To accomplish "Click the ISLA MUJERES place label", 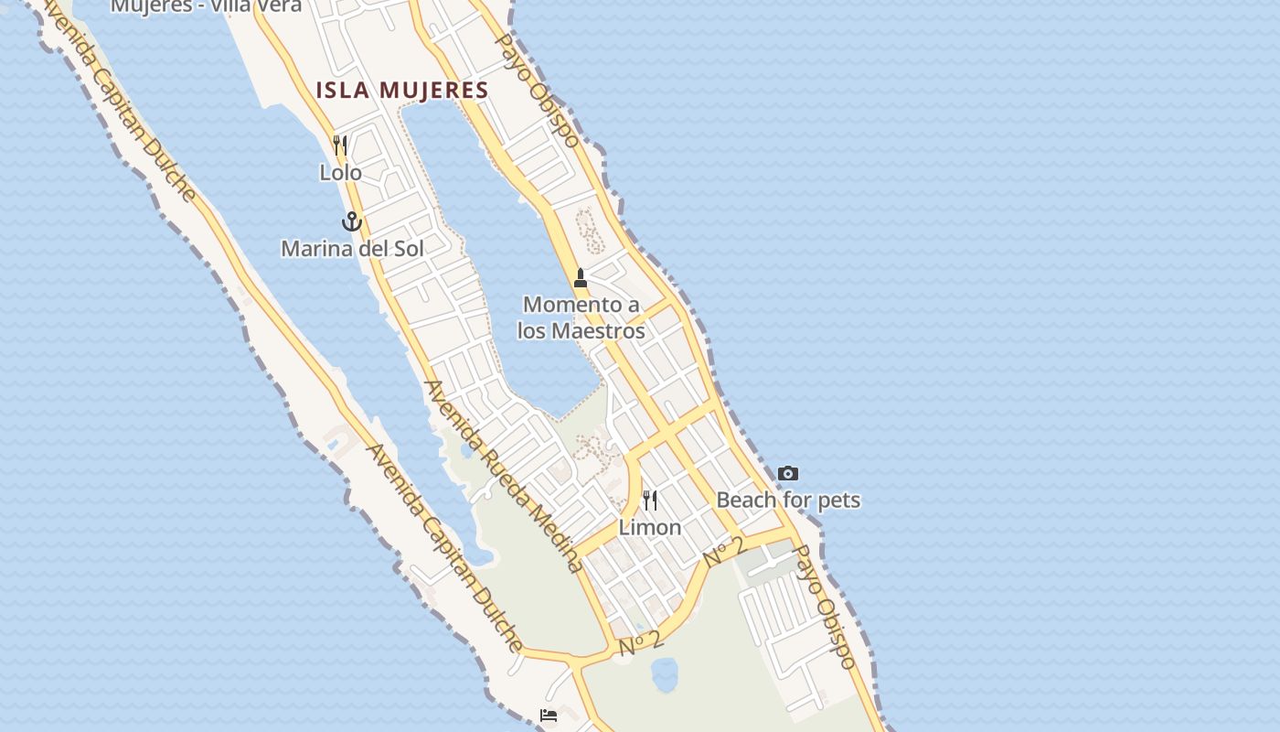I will pos(402,90).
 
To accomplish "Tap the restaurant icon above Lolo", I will pos(340,145).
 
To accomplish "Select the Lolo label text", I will pos(340,172).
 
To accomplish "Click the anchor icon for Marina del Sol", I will pos(352,221).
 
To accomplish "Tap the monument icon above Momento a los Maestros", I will pos(580,278).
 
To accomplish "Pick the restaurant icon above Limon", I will pos(650,501).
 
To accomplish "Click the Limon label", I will pos(650,527).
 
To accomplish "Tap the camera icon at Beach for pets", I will pos(787,473).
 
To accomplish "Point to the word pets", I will pos(838,500).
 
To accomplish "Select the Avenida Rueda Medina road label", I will pos(502,476).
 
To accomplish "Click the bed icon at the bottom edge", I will pos(549,715).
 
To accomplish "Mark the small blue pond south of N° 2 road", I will pos(665,675).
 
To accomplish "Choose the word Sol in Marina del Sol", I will pos(408,248).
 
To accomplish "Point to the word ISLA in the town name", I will pos(342,90).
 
